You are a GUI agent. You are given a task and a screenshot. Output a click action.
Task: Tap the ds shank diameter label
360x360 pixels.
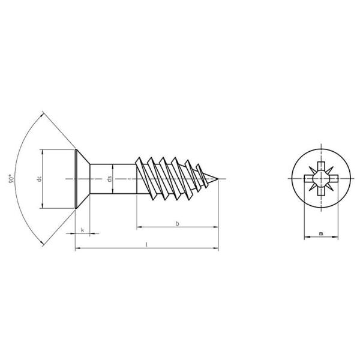[109, 179]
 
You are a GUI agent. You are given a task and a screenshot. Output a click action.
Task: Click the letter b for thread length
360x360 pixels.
[177, 224]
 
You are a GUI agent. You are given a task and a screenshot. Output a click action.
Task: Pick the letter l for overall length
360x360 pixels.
[147, 245]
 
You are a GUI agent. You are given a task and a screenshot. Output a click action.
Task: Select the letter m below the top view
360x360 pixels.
[321, 233]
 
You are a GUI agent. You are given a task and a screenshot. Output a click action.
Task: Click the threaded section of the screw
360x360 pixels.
[171, 178]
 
